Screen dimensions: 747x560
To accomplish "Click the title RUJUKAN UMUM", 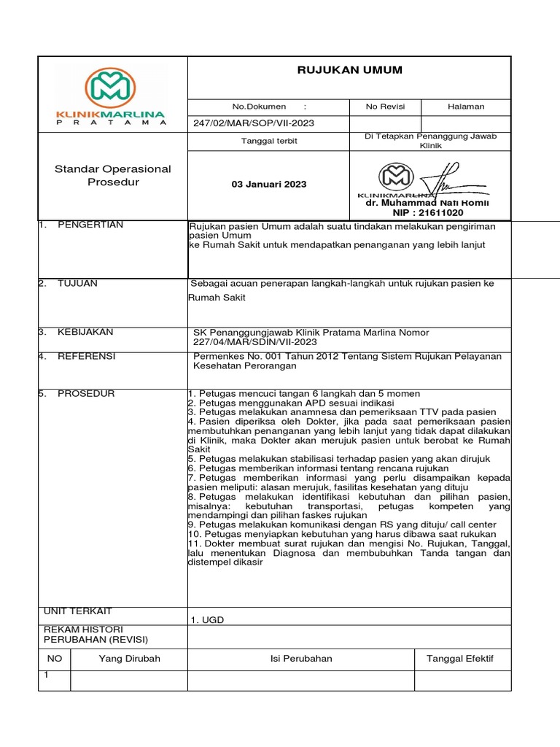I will coord(349,70).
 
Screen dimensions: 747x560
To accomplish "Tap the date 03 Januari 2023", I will coord(269,185).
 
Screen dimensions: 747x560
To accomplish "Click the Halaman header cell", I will coord(466,107).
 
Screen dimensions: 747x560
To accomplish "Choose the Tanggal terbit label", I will coord(269,141).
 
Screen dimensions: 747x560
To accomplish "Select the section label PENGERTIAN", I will coord(90,225).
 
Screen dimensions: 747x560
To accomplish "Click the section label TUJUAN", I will coord(77,283).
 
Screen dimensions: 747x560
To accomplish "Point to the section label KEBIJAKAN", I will coord(85,332).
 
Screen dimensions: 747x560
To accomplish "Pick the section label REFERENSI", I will coord(86,357).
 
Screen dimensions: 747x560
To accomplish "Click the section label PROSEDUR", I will coord(86,394).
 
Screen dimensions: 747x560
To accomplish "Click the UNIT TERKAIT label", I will coord(78,611).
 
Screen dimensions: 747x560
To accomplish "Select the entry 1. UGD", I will coord(207,620).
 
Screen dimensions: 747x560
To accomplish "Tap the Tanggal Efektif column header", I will coord(459,659).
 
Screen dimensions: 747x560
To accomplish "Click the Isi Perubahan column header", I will coord(300,659).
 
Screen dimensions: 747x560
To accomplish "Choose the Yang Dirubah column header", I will coord(129,659).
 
